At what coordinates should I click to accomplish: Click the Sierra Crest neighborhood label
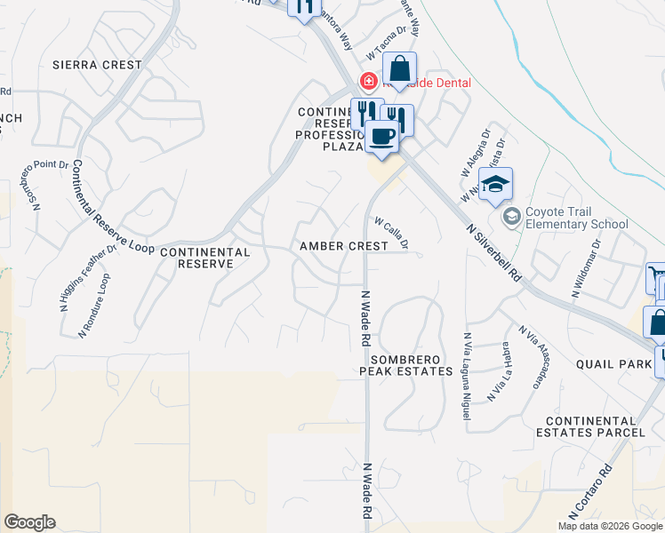pos(97,65)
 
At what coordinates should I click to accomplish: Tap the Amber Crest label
pos(344,246)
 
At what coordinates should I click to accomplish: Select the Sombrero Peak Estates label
pos(406,364)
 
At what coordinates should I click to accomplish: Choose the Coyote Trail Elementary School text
pos(576,218)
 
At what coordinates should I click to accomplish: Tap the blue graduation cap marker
pos(495,185)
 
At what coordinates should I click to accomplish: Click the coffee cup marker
pos(382,137)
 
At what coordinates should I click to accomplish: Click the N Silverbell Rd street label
pos(495,252)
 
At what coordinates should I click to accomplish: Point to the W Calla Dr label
pos(391,232)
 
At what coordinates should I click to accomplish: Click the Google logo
pos(29,522)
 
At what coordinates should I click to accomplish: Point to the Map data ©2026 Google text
pos(610,526)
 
